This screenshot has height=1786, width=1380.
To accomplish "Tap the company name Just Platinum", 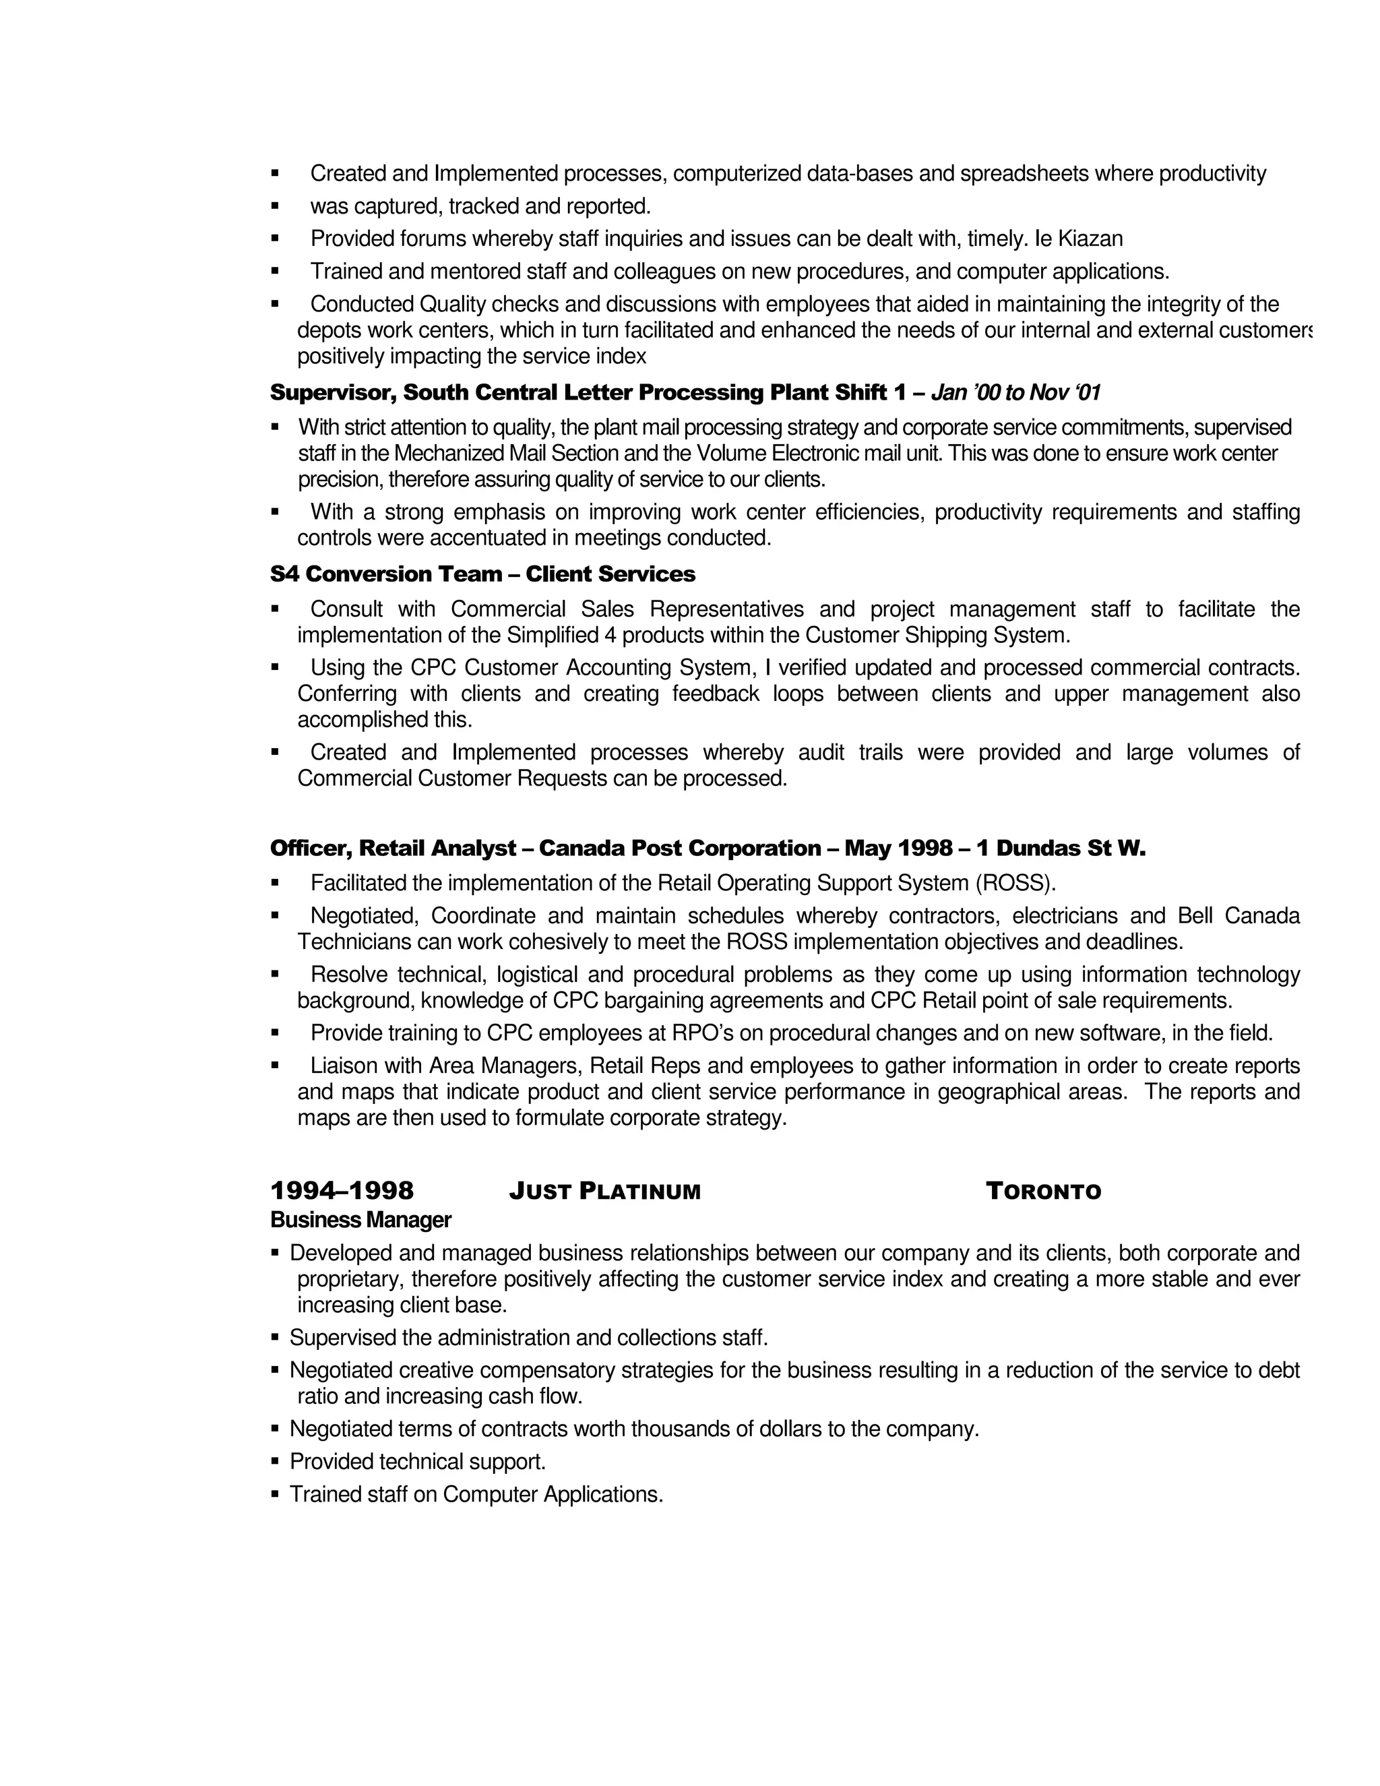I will point(604,1192).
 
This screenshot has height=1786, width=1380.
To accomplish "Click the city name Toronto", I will point(1043,1192).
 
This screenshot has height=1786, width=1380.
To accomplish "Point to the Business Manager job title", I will point(360,1220).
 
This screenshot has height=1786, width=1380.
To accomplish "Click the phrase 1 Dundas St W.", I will point(1061,849).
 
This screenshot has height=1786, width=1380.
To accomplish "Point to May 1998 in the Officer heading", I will point(898,849).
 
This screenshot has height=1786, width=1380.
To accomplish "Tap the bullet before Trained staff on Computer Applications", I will point(275,1494).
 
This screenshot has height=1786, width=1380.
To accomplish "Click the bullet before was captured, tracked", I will point(275,206).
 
